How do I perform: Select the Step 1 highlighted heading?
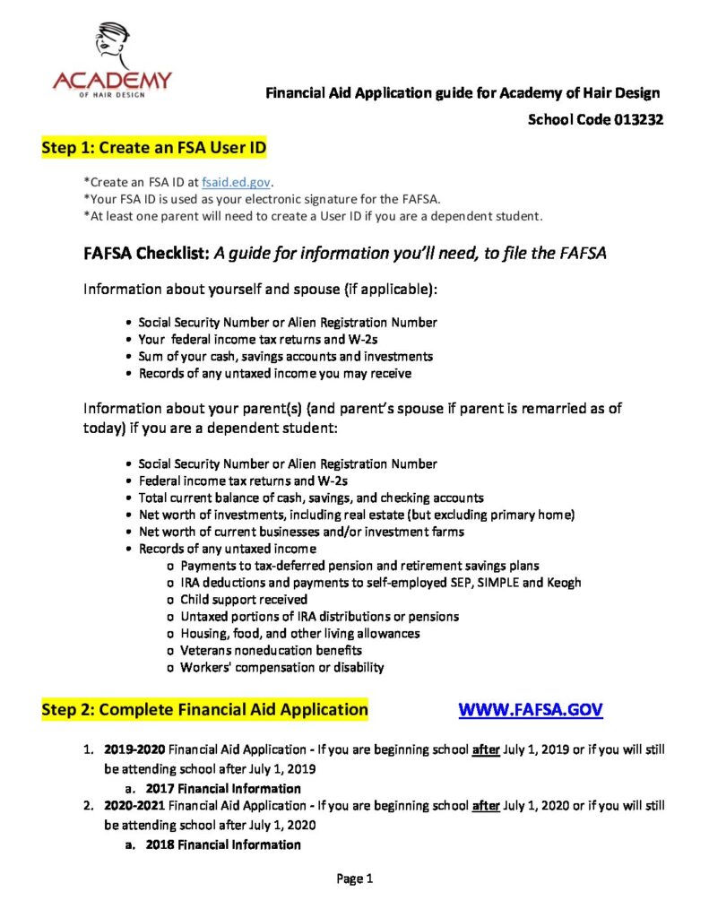pos(153,147)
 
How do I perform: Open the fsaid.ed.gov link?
pos(236,182)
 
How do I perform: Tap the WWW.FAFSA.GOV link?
pos(531,709)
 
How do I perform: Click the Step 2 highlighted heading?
pos(204,709)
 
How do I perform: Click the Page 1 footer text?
pos(355,879)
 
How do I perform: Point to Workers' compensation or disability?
pos(282,667)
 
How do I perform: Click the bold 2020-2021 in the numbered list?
pos(134,805)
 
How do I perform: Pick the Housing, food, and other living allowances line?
pos(300,633)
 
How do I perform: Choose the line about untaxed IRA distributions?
pos(320,616)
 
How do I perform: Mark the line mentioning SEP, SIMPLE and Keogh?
pos(381,582)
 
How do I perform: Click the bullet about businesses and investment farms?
pos(301,532)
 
